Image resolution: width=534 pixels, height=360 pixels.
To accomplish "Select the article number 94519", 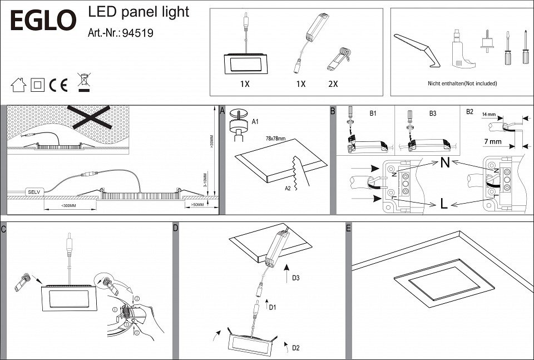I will (x=137, y=33).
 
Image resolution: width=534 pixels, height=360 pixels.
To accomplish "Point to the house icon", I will (x=18, y=85).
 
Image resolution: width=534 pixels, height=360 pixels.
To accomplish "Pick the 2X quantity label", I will (x=333, y=84).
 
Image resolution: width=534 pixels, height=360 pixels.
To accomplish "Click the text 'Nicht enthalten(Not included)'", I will (x=454, y=83).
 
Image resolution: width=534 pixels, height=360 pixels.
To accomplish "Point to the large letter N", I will (x=444, y=163).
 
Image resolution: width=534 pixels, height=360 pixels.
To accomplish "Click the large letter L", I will (x=443, y=204).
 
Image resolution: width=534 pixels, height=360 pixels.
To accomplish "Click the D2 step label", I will (x=295, y=348).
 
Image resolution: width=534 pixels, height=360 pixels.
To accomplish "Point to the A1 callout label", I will (x=255, y=121).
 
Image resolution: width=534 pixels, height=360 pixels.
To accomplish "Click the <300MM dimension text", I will (x=70, y=206).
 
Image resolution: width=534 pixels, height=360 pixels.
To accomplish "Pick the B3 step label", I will (x=432, y=113).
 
